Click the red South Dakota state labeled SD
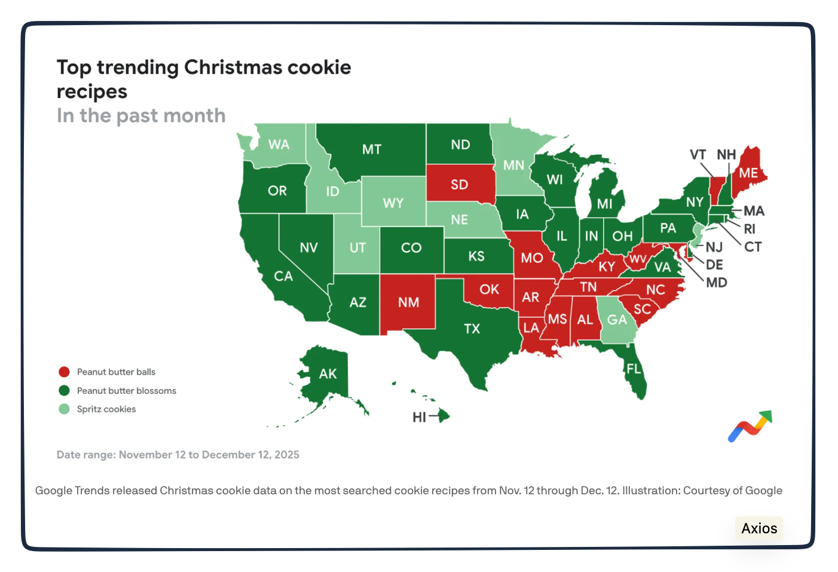pyautogui.click(x=460, y=184)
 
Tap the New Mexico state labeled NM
pyautogui.click(x=408, y=302)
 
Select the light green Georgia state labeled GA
pyautogui.click(x=616, y=320)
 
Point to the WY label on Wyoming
pyautogui.click(x=393, y=203)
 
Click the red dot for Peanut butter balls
pyautogui.click(x=64, y=372)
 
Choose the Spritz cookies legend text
pyautogui.click(x=106, y=409)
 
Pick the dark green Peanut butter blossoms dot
pyautogui.click(x=64, y=391)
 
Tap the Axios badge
pyautogui.click(x=759, y=528)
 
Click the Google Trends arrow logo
pyautogui.click(x=750, y=426)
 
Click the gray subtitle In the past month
pyautogui.click(x=141, y=115)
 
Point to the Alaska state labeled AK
pyautogui.click(x=327, y=374)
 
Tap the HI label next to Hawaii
pyautogui.click(x=419, y=417)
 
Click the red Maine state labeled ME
pyautogui.click(x=748, y=173)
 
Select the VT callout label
pyautogui.click(x=698, y=155)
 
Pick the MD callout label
pyautogui.click(x=716, y=283)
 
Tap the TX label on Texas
pyautogui.click(x=472, y=329)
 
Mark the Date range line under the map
pyautogui.click(x=178, y=455)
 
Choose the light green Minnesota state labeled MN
pyautogui.click(x=513, y=166)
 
